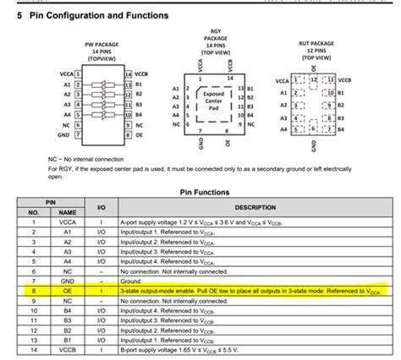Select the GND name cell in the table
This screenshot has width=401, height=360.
coord(68,281)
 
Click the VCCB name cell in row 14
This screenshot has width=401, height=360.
coord(68,347)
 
